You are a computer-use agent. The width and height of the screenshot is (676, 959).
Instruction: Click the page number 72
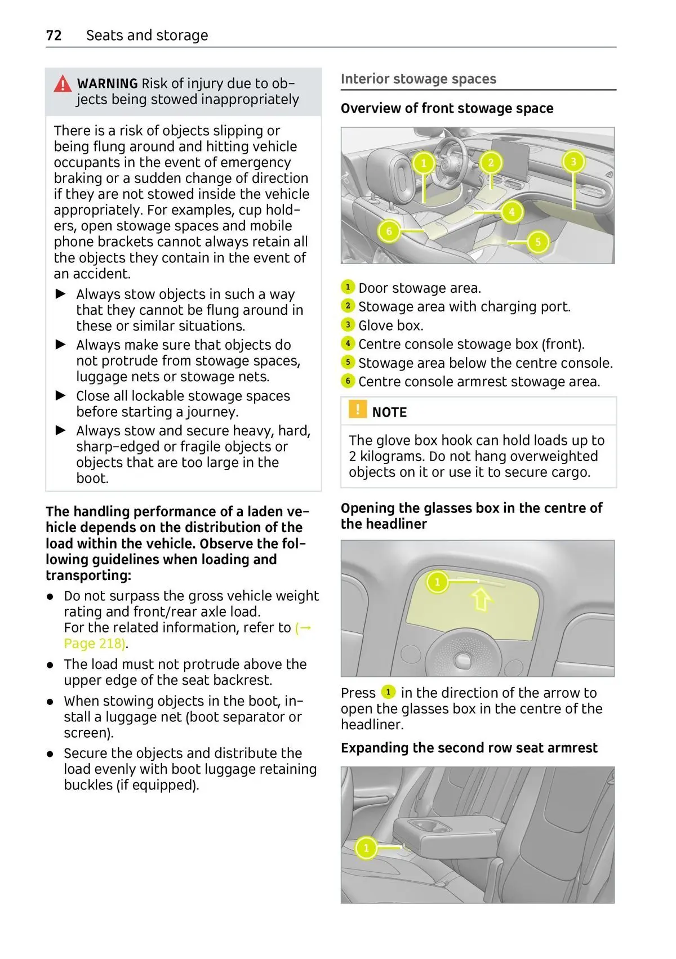coord(54,35)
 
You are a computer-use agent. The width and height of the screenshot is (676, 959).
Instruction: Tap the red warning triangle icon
coord(63,84)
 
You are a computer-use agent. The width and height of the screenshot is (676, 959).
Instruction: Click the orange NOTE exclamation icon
coord(357,409)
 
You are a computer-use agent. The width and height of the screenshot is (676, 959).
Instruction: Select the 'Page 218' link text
coord(95,644)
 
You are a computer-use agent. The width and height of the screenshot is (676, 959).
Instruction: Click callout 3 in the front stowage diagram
coord(573,162)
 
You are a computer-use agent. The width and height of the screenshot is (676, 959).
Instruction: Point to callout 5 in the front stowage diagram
coord(538,242)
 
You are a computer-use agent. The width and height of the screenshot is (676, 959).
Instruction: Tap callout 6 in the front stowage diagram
coord(389,231)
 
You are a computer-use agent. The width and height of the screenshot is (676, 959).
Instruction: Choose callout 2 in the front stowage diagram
coord(491,163)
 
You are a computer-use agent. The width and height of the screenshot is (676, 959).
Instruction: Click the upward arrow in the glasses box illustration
coord(481,599)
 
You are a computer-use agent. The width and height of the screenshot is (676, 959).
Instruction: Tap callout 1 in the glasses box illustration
coord(437,582)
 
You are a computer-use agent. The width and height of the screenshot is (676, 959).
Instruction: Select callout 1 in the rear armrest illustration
coord(366,848)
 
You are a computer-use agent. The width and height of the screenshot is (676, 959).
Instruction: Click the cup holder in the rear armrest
coord(429,826)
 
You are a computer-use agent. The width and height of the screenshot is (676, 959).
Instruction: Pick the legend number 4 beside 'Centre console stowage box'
coord(348,344)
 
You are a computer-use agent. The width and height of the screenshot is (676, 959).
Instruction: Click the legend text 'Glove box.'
coord(391,325)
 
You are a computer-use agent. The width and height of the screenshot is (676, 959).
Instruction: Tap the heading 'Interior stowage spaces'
coord(419,79)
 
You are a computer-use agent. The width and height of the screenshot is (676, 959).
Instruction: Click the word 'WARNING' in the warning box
coord(108,84)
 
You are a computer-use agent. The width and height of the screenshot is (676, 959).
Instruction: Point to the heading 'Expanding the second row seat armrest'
coord(469,748)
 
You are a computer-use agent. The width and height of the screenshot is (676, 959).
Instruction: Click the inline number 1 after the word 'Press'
coord(388,692)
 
